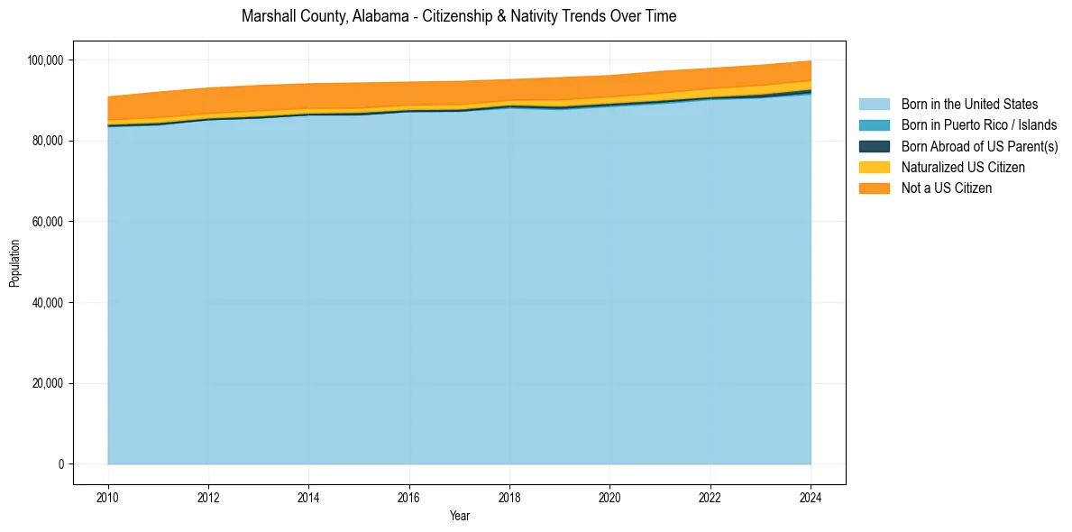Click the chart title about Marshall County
459,16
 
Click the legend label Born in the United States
969,105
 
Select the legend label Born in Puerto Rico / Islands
979,125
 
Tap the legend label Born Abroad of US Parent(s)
979,146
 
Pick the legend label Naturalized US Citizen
963,167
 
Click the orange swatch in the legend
874,188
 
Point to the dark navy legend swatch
874,146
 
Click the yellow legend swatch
874,167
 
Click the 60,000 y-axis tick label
46,222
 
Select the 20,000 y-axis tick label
46,383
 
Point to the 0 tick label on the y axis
60,464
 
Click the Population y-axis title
14,263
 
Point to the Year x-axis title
459,517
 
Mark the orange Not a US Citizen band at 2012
208,100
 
